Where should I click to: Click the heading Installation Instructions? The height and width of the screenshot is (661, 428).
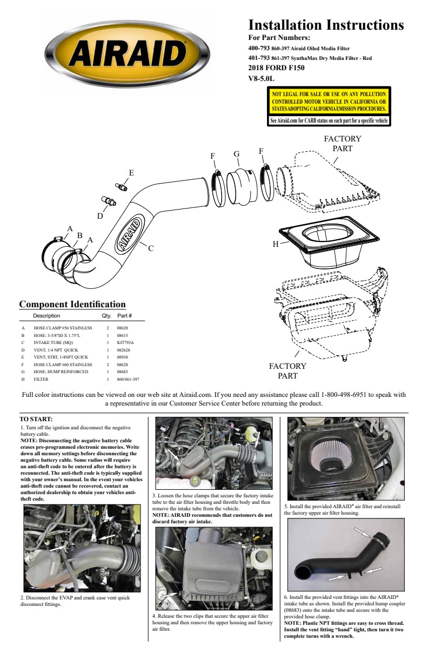coord(326,25)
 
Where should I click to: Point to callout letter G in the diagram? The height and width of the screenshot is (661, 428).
coord(237,154)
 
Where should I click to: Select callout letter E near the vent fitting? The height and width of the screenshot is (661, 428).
coord(131,173)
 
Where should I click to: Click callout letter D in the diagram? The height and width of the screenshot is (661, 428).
coord(100,216)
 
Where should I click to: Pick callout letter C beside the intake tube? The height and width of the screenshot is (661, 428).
coord(151,248)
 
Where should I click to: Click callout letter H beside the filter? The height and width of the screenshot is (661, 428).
coord(275,244)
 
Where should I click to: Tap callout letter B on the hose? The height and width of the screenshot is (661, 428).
coord(79,235)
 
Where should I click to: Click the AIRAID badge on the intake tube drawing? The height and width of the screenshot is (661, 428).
coord(129,236)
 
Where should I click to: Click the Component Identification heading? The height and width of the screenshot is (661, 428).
coord(72,305)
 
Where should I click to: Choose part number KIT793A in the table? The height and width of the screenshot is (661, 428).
coord(125,342)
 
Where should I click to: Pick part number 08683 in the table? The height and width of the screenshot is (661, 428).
coord(123,372)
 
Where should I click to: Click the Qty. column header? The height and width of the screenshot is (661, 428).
coord(106,315)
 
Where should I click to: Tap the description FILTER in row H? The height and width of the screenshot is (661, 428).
coord(42,379)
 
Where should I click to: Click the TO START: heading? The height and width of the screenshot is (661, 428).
coord(36,419)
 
